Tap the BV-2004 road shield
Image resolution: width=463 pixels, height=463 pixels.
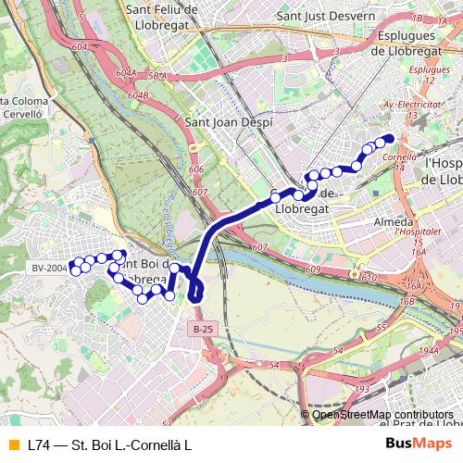pos(49,268)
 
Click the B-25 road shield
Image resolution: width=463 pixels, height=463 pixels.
pos(204,329)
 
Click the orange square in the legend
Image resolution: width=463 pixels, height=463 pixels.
pos(12,445)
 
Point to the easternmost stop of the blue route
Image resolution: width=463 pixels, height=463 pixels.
pos(389,139)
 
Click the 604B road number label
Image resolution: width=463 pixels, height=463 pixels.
pos(138,95)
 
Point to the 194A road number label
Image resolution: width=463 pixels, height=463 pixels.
pos(427,351)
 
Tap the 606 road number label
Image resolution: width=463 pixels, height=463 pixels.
pos(195,169)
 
